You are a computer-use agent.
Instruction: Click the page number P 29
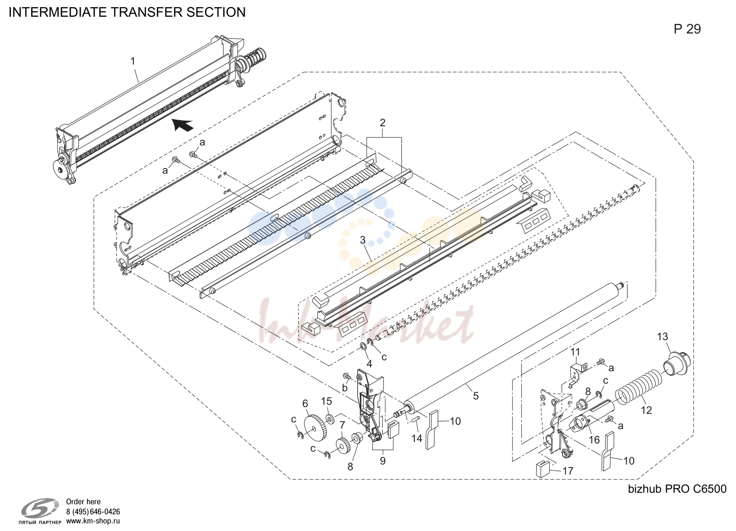[687, 29]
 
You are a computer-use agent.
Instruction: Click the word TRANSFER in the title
[148, 12]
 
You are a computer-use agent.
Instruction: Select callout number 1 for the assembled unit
[133, 61]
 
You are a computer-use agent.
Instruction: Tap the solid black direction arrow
[183, 124]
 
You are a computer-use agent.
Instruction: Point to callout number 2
[382, 122]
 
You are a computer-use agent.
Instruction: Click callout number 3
[363, 240]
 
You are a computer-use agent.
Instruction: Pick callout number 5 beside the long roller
[476, 396]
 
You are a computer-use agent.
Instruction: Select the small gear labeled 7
[342, 445]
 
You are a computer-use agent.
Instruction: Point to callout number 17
[568, 471]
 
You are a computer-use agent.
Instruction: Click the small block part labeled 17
[542, 469]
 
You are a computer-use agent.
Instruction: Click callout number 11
[575, 352]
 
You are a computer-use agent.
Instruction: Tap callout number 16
[594, 440]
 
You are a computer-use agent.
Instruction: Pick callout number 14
[417, 438]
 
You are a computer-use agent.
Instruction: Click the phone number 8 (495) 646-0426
[93, 511]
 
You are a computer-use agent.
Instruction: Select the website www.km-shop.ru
[93, 521]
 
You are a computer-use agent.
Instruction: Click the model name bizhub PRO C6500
[677, 488]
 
